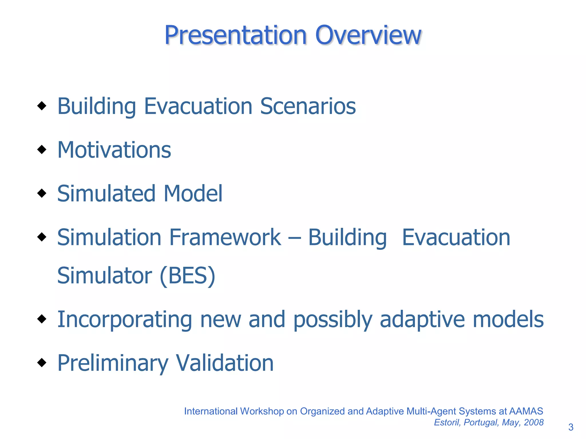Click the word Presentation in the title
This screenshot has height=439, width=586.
235,35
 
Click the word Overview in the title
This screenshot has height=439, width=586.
368,35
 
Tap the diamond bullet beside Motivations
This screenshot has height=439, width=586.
42,149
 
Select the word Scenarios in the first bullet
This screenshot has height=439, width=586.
308,106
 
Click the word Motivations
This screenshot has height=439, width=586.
114,150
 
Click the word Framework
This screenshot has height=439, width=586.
225,238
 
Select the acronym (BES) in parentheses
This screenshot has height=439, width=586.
187,276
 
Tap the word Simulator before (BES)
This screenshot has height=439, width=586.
104,276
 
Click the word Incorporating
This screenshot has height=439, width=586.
124,319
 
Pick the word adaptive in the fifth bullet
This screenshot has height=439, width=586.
422,319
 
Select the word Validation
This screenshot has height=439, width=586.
225,363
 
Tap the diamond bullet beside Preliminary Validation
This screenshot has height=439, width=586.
42,362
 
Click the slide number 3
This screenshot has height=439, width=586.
571,427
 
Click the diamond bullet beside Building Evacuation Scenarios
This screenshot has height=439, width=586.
42,106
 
